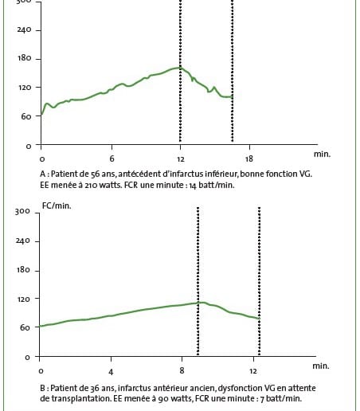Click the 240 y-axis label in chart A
[x=24, y=29]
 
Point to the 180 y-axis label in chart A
[x=25, y=58]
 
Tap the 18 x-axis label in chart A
[x=249, y=159]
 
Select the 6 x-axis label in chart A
[x=112, y=159]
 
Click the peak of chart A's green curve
[x=180, y=68]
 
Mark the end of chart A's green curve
[x=233, y=97]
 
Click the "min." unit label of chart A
[x=322, y=154]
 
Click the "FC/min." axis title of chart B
[x=57, y=205]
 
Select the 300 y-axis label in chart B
[x=23, y=212]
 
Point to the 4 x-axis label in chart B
[x=111, y=372]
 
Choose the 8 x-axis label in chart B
[x=182, y=370]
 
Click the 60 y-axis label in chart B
[x=25, y=327]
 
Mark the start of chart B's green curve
[x=40, y=326]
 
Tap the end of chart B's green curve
[x=259, y=318]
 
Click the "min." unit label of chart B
[x=321, y=366]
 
